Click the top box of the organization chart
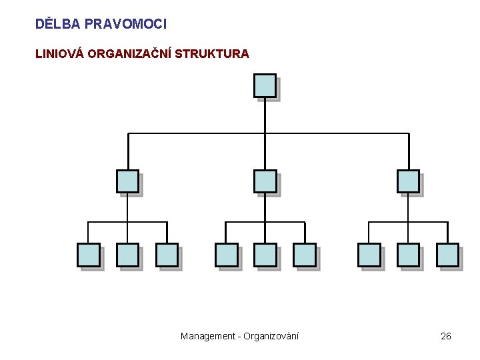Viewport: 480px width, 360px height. [x=265, y=86]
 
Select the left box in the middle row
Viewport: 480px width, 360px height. [x=127, y=181]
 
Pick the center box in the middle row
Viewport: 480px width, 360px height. [x=265, y=181]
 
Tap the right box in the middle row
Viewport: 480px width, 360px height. [x=408, y=181]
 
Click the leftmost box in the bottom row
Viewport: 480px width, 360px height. [x=88, y=255]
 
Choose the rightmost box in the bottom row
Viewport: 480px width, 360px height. [x=447, y=255]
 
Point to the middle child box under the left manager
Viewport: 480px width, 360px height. [x=127, y=255]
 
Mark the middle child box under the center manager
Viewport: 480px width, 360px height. [x=265, y=255]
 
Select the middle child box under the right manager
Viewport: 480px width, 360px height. [x=408, y=255]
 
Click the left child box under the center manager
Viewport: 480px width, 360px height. [x=226, y=255]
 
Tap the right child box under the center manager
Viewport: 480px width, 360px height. [x=304, y=255]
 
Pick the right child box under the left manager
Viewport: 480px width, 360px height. [x=167, y=255]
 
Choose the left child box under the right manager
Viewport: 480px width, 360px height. [x=369, y=255]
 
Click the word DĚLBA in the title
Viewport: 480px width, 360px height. [x=57, y=24]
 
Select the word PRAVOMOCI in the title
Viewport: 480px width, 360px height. [x=126, y=24]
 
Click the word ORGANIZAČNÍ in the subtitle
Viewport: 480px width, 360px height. [x=130, y=54]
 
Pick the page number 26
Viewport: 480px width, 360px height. [x=446, y=336]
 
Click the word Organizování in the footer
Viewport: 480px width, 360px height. [x=272, y=336]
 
